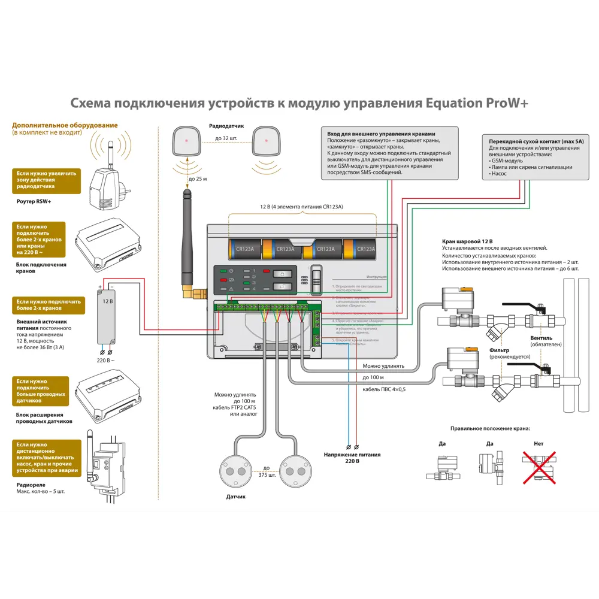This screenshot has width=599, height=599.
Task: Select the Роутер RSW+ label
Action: pos(34,202)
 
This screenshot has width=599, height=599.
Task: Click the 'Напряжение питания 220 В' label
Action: pos(353,458)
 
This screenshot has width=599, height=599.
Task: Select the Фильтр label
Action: pos(499,350)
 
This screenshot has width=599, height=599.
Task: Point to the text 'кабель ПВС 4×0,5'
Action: pos(385,389)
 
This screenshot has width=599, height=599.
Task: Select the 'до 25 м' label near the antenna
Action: pos(197,179)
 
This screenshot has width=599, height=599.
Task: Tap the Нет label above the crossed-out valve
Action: pos(538,444)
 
